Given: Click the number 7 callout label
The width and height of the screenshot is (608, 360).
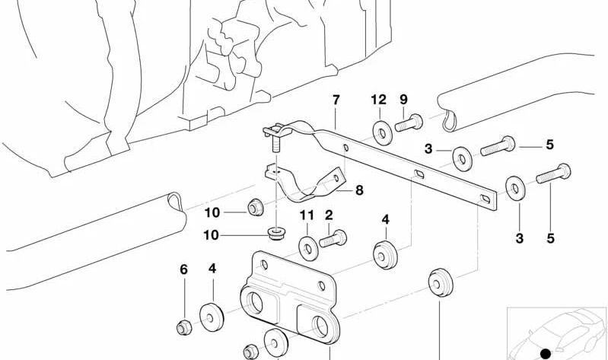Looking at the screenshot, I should click(x=336, y=100).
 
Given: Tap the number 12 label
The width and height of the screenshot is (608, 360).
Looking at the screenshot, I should click(x=379, y=100).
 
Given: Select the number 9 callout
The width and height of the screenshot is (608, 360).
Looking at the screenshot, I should click(x=403, y=100).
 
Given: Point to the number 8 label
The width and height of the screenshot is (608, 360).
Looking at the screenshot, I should click(x=359, y=191).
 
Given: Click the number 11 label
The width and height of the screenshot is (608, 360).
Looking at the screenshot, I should click(x=306, y=215).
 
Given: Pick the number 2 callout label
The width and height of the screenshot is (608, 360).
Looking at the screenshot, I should click(x=329, y=215).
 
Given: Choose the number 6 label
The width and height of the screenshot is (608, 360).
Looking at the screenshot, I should click(x=183, y=269).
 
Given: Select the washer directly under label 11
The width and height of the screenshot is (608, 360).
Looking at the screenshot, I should click(x=309, y=247).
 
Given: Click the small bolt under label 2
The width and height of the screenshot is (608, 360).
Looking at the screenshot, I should click(x=333, y=240).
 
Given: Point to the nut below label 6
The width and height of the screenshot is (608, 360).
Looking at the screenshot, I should click(x=183, y=328).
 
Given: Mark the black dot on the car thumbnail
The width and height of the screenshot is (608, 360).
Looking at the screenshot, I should click(x=545, y=352).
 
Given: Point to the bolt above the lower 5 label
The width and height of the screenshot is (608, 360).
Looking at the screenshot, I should click(x=553, y=174).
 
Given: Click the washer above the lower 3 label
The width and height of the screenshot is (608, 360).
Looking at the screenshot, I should click(x=515, y=187).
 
